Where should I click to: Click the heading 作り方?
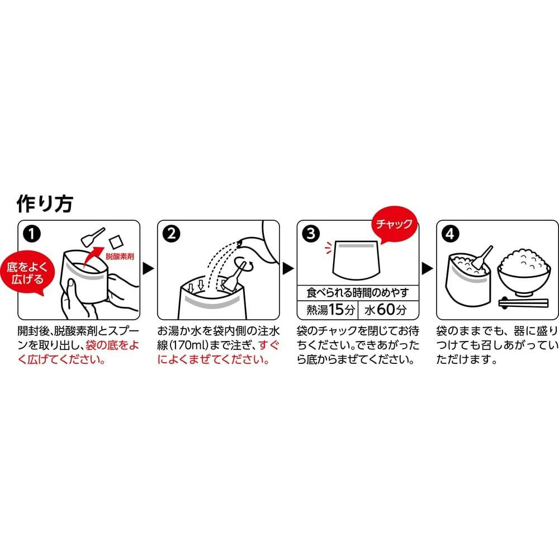tap(45, 203)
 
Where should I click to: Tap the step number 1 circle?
tap(32, 234)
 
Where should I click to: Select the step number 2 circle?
tap(172, 234)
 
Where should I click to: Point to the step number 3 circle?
tap(311, 234)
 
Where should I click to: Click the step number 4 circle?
tap(450, 234)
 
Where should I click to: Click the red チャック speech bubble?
tap(394, 224)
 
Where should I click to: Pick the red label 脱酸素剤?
tap(120, 257)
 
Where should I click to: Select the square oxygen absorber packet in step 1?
tap(116, 242)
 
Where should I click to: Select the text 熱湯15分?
tap(330, 310)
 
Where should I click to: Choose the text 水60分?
tap(385, 310)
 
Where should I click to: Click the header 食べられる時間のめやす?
tap(358, 293)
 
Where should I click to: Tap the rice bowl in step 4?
tap(523, 273)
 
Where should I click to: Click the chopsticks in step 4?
tap(523, 303)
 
